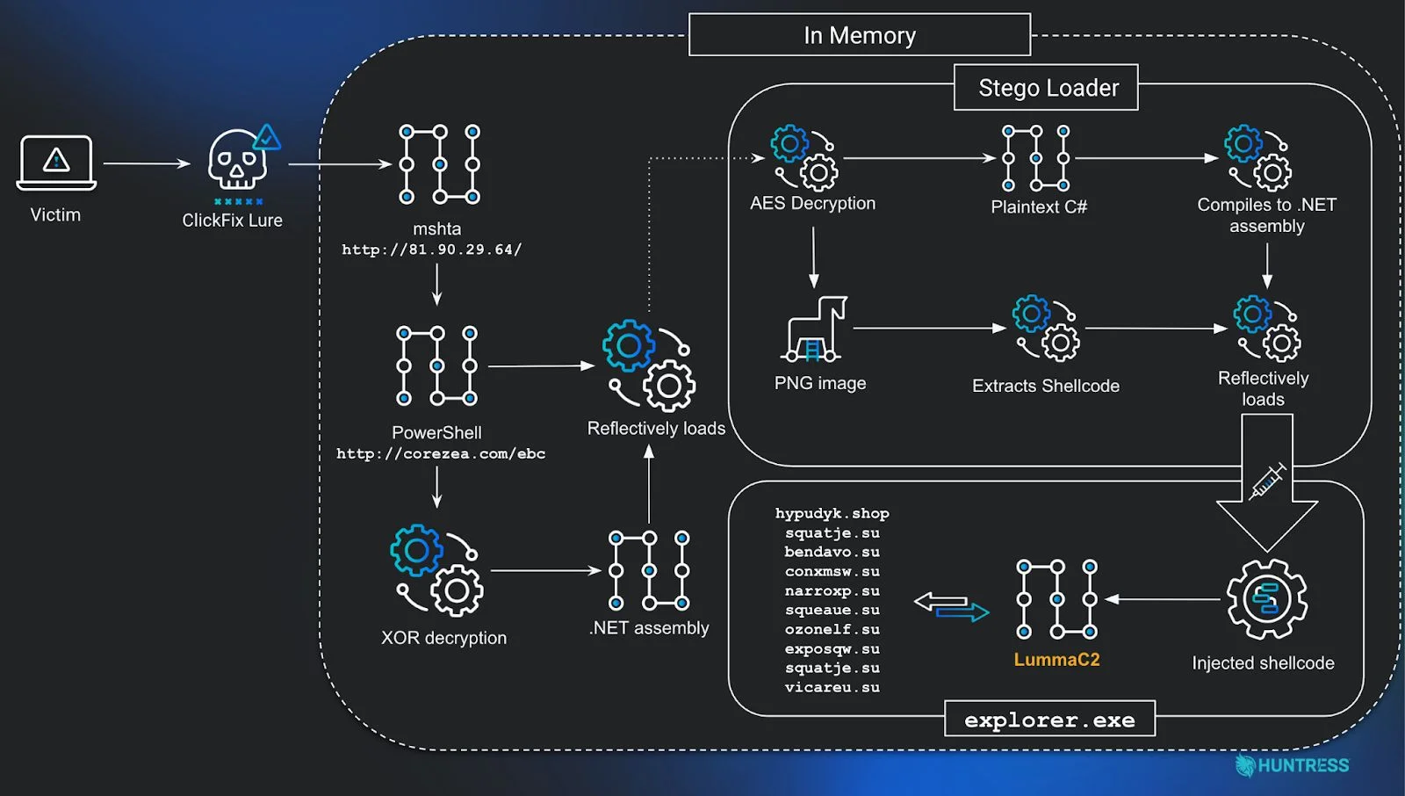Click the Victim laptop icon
click(56, 163)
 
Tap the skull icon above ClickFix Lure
click(238, 160)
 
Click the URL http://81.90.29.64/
click(432, 250)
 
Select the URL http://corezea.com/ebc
click(441, 453)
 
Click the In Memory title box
click(859, 35)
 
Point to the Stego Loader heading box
click(1046, 88)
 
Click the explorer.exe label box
click(1049, 720)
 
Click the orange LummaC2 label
click(1056, 659)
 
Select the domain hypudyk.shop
click(832, 513)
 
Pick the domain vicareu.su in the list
click(832, 687)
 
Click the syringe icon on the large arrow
click(1267, 481)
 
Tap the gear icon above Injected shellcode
click(1266, 599)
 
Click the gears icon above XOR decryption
click(436, 569)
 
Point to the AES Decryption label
click(812, 203)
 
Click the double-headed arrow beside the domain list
click(951, 606)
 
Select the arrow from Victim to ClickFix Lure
click(147, 163)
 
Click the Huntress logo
click(1292, 765)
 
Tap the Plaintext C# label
click(1039, 206)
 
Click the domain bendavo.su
click(832, 552)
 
